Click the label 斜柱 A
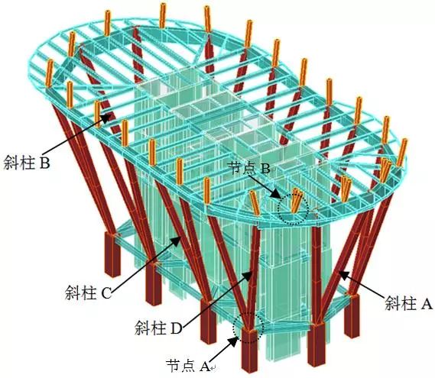click(x=408, y=303)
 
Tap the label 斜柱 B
click(x=27, y=162)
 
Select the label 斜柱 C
click(x=88, y=292)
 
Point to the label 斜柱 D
click(x=158, y=328)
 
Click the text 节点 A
click(x=188, y=366)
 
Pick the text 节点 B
click(x=249, y=167)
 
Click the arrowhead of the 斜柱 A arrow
click(x=343, y=274)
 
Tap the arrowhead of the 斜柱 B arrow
click(x=106, y=118)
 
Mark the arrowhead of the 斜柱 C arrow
click(x=177, y=241)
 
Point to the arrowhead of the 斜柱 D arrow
click(x=247, y=276)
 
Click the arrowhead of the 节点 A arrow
click(x=234, y=341)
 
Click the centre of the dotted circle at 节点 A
click(x=248, y=328)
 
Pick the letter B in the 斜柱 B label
click(x=44, y=163)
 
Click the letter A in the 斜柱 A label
click(x=427, y=304)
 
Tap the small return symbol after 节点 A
click(x=213, y=368)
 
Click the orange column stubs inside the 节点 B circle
click(x=296, y=200)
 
